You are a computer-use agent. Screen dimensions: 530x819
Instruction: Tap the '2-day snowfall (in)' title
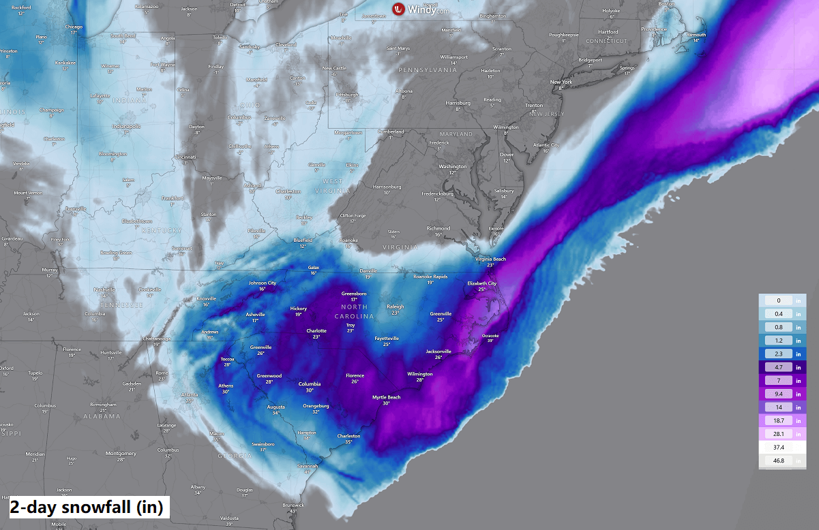coord(86,508)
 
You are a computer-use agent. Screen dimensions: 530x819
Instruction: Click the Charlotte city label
coord(316,331)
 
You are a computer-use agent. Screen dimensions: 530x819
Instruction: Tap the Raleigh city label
coord(395,307)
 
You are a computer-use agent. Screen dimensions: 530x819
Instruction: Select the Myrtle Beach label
coord(386,397)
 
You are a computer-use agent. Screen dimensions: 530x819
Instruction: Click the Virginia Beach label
coord(490,260)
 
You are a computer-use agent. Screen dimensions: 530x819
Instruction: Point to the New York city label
coord(561,82)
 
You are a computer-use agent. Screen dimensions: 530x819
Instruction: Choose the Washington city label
coord(453,166)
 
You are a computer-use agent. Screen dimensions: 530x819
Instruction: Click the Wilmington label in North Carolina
coord(419,374)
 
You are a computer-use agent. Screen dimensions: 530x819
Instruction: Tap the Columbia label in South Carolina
coord(309,384)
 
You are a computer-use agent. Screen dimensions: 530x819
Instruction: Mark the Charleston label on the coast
coord(348,436)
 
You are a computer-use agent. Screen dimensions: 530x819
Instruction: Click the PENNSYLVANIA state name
coord(428,70)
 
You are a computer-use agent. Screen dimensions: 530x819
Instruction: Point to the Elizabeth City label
coord(481,283)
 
